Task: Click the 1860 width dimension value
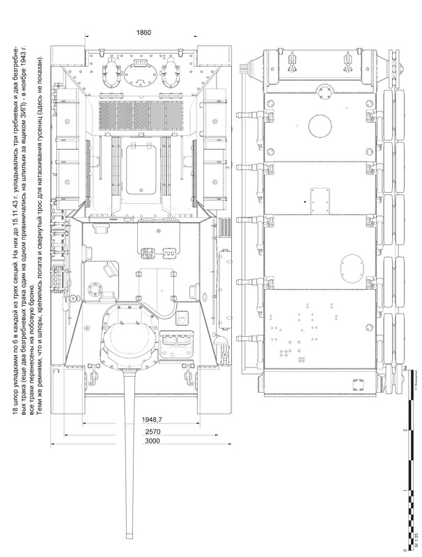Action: click(x=143, y=33)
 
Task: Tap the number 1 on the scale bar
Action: click(x=406, y=493)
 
